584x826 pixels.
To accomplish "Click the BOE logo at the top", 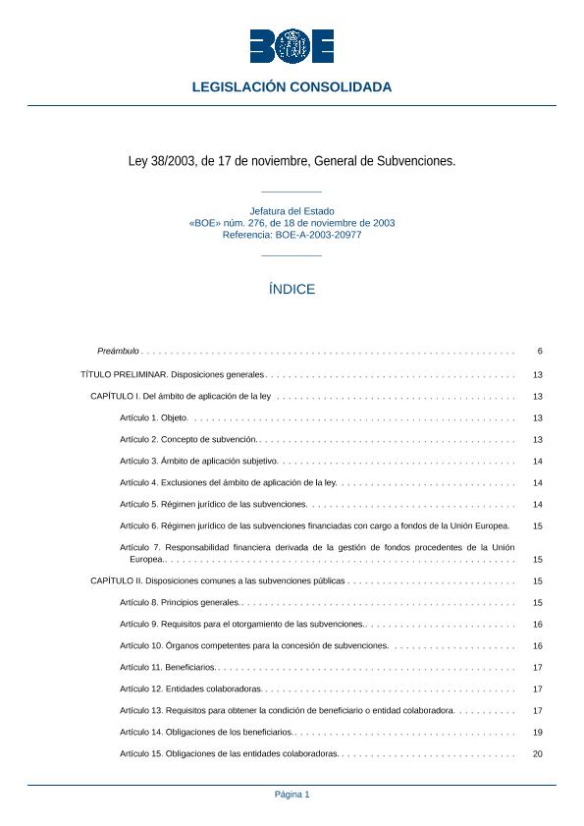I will tap(292, 46).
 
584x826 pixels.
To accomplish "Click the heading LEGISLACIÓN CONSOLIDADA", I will tap(292, 87).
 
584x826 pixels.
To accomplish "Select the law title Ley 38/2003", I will tap(292, 160).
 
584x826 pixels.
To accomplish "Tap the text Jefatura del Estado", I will tap(292, 211).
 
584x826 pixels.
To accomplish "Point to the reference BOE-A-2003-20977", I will tap(292, 235).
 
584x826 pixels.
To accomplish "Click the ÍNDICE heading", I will tap(292, 290).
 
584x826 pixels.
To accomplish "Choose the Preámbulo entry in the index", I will tap(119, 351).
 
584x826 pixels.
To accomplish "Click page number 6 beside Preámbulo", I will tap(539, 351).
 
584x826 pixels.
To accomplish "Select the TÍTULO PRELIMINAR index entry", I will tap(172, 374).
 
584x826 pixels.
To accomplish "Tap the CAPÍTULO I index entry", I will tap(181, 396).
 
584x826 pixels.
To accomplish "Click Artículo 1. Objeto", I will tap(154, 417).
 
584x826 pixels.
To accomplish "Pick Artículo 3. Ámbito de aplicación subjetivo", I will tap(199, 461).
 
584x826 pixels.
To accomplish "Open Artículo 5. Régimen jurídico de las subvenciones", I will tap(213, 504).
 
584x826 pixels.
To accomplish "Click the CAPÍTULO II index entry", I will tap(217, 580).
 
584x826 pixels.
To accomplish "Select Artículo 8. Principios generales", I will tap(179, 602).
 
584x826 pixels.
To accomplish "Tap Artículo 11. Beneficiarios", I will tap(167, 667).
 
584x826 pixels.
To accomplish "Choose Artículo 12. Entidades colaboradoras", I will tap(190, 688).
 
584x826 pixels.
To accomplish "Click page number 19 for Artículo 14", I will tap(537, 732).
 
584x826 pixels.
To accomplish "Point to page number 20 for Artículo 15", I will tap(537, 753).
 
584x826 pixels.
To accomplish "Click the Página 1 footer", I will tap(292, 795).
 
